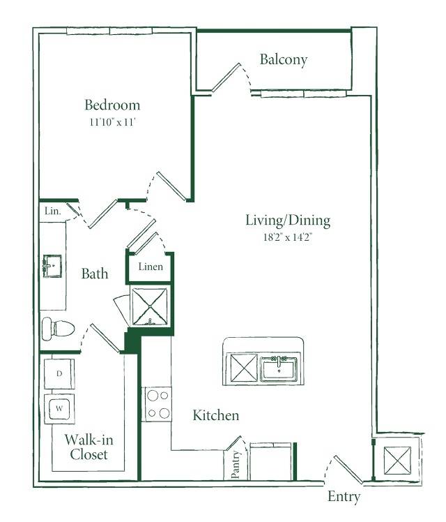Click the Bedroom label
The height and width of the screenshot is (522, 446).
pos(112,105)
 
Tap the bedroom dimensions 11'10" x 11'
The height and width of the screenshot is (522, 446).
pos(113,122)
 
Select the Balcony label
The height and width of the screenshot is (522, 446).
pos(284,60)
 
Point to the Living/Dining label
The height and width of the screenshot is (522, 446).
pos(288,221)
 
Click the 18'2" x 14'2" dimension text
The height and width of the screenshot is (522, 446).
pos(288,237)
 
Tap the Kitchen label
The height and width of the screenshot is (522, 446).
pos(216,415)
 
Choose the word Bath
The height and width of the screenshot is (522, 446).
pos(95,274)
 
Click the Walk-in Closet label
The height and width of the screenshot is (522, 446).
pos(89,447)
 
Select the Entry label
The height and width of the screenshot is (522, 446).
pos(344,497)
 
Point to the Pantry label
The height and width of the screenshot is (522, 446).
pos(236,464)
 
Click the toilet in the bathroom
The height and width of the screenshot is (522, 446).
pos(58,329)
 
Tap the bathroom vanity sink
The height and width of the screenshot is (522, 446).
pos(52,266)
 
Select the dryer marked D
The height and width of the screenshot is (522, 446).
pos(59,373)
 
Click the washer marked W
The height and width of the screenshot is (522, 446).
pos(59,409)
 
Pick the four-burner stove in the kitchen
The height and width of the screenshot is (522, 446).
pos(157,404)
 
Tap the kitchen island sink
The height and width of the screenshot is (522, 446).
pos(279,368)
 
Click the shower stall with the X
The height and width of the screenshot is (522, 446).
pos(150,306)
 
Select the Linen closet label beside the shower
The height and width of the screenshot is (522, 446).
pos(151,267)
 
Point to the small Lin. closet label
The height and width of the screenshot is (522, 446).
pos(53,211)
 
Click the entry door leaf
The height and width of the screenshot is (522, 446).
pos(348,469)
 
